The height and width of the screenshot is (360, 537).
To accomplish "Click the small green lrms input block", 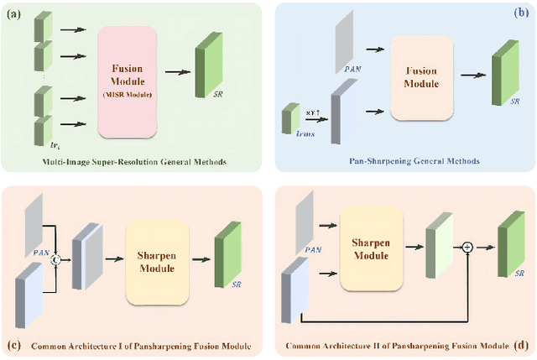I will pos(290,117).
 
